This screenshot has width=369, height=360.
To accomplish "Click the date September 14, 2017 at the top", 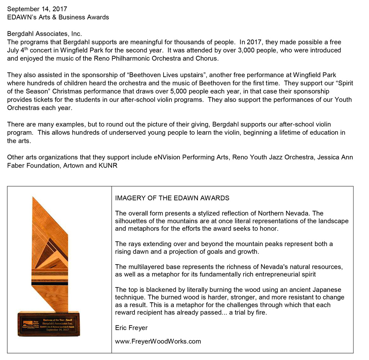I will [x=37, y=9].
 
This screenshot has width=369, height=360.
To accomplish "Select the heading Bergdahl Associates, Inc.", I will [x=44, y=34].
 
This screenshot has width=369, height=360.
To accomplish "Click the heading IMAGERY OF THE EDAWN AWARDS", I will [x=172, y=198].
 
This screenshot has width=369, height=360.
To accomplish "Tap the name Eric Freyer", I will [x=131, y=328].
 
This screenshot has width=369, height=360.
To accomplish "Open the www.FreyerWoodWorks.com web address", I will [x=158, y=341].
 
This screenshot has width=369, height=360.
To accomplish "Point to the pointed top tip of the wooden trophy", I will [x=33, y=197].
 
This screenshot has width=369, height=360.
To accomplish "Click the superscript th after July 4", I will [x=24, y=49].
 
